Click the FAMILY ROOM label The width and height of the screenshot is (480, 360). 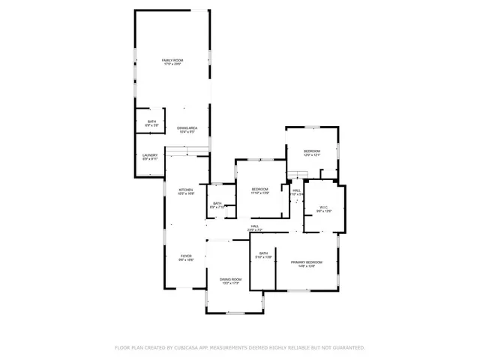pos(173,60)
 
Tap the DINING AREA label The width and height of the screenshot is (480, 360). pos(187,127)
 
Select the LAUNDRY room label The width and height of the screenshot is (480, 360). pos(150,155)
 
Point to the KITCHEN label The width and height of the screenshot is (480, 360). pos(186,189)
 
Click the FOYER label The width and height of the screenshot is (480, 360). pos(186,256)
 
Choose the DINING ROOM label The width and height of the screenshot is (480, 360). pos(230,279)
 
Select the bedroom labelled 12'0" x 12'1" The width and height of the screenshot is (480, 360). pos(312,153)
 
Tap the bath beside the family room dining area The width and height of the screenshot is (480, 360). pos(151,121)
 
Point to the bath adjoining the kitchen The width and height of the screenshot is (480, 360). pos(217,204)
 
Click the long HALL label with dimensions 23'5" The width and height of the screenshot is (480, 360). pos(255,226)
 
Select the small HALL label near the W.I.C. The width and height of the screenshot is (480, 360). pos(296,190)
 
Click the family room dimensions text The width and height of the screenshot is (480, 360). pos(173,64)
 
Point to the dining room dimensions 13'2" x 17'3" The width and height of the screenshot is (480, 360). pos(230,283)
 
